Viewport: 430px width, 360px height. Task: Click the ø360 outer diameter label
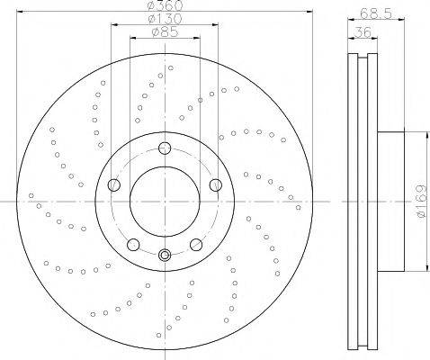pyautogui.click(x=166, y=4)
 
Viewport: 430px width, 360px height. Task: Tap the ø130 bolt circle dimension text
pyautogui.click(x=166, y=19)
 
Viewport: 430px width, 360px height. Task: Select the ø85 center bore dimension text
pyautogui.click(x=165, y=31)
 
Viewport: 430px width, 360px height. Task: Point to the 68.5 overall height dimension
pyautogui.click(x=376, y=13)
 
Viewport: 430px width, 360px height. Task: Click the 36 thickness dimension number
pyautogui.click(x=363, y=31)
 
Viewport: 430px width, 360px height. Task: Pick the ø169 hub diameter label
pyautogui.click(x=422, y=202)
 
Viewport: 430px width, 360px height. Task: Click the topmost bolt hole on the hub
pyautogui.click(x=165, y=148)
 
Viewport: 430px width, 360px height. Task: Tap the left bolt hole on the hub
pyautogui.click(x=114, y=184)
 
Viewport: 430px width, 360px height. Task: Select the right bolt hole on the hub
pyautogui.click(x=216, y=184)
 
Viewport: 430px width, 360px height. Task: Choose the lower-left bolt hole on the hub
pyautogui.click(x=133, y=245)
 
